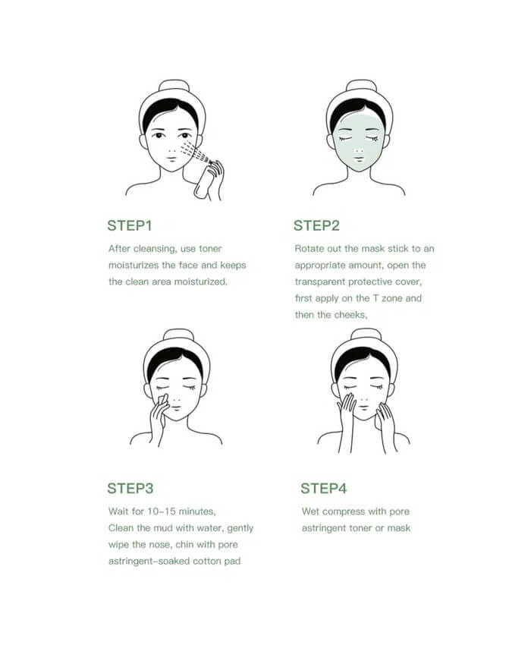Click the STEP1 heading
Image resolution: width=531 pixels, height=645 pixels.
pyautogui.click(x=130, y=225)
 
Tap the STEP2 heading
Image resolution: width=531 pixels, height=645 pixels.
pyautogui.click(x=316, y=225)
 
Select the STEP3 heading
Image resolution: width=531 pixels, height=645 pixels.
pyautogui.click(x=130, y=488)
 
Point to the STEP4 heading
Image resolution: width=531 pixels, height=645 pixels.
pyautogui.click(x=323, y=488)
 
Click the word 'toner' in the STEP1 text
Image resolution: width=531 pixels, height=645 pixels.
pyautogui.click(x=210, y=248)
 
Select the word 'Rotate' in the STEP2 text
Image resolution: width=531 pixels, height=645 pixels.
pyautogui.click(x=306, y=248)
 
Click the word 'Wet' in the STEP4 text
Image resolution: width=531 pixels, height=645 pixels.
pyautogui.click(x=310, y=511)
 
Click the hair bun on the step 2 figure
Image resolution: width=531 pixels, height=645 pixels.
pyautogui.click(x=361, y=86)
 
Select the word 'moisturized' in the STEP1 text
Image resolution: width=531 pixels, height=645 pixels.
pyautogui.click(x=201, y=282)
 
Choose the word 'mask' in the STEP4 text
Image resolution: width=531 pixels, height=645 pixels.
pyautogui.click(x=398, y=528)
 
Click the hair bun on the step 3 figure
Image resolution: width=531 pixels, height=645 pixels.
pyautogui.click(x=178, y=335)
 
